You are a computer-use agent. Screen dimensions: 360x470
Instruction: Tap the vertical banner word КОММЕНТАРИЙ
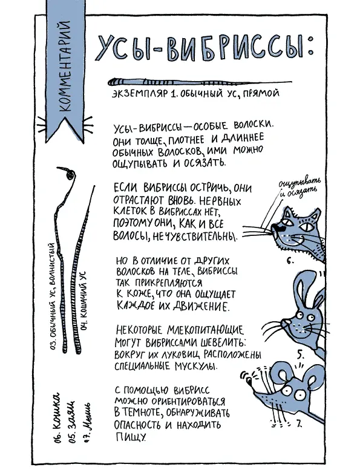pos(65,67)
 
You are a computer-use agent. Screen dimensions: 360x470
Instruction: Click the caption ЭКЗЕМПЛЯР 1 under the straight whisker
pos(143,93)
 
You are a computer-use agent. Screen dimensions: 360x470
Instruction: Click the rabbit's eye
pos(299,316)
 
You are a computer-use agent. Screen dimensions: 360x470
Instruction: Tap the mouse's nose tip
pos(249,381)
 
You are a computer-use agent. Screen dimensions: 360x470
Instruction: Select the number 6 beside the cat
pos(290,261)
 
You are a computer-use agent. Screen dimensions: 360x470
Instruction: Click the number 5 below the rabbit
pos(300,354)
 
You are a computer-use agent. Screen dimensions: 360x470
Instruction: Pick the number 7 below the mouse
pos(298,423)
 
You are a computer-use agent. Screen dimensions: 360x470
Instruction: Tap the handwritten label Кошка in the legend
pos(57,416)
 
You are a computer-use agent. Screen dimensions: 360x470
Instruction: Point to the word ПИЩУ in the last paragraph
pos(131,437)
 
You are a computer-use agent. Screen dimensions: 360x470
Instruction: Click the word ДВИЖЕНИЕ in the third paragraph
pos(202,306)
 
